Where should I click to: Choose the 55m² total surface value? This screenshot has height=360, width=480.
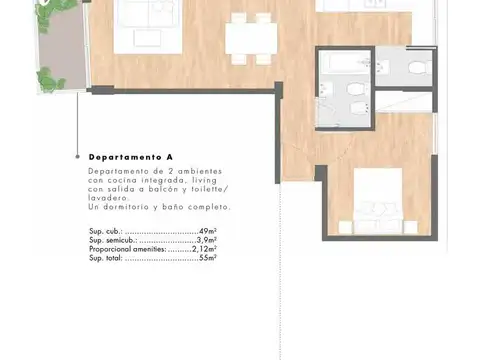[209, 258]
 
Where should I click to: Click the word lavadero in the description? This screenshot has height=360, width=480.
[107, 198]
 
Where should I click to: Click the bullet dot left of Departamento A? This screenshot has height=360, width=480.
[77, 158]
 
